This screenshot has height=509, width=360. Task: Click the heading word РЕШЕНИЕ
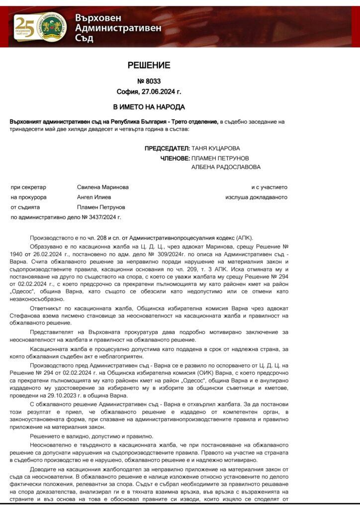click(x=149, y=65)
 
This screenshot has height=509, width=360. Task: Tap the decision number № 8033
click(x=149, y=82)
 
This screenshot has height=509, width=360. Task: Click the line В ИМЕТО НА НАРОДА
click(x=149, y=107)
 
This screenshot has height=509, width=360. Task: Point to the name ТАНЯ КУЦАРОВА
click(x=215, y=148)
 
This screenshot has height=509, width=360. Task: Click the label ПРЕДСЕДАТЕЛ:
click(x=167, y=148)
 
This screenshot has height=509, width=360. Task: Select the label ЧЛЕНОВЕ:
click(x=175, y=158)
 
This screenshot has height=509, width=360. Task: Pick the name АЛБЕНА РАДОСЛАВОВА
click(x=226, y=167)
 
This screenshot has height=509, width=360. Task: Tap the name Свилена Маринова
click(x=103, y=187)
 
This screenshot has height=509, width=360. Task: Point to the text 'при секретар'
click(x=28, y=187)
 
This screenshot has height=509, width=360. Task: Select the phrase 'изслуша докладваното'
click(x=256, y=197)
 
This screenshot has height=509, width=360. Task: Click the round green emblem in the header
click(x=53, y=27)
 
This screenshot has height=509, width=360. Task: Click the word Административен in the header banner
click(x=118, y=28)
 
